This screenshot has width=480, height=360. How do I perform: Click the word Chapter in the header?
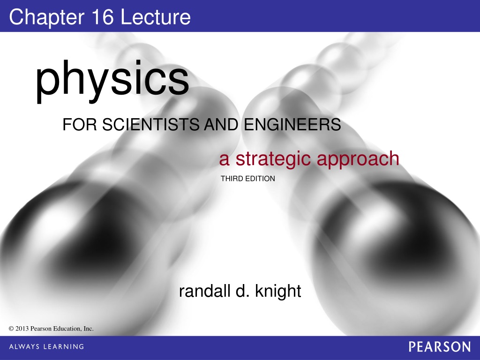coord(46,18)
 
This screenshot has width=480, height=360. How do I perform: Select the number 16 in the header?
coord(102,17)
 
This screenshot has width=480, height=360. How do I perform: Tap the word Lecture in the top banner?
coord(156,17)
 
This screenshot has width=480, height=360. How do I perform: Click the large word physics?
coord(112,80)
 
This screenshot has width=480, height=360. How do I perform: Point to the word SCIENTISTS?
coord(152,125)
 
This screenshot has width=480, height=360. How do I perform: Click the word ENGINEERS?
coord(292,125)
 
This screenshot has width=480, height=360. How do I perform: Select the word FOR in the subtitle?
coord(80,125)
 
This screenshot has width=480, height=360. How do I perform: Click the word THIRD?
coord(232,179)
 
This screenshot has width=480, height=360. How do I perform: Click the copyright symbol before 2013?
coord(11,329)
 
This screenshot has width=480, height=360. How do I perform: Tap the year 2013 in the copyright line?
coord(22,329)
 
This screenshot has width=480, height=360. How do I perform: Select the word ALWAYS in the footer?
coord(24,346)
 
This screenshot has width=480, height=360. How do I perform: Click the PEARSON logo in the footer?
coord(440,347)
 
